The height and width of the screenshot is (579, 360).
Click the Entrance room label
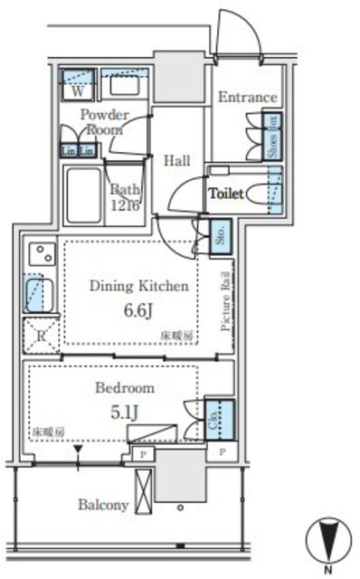point(247,98)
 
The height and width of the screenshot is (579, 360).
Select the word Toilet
point(226,193)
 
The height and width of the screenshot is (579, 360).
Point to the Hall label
point(176,160)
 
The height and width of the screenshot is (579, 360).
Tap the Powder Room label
point(103,122)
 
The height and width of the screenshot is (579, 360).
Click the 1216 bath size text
point(126,206)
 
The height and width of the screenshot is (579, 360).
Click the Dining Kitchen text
point(139,286)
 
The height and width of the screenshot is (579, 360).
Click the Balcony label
point(102,505)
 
